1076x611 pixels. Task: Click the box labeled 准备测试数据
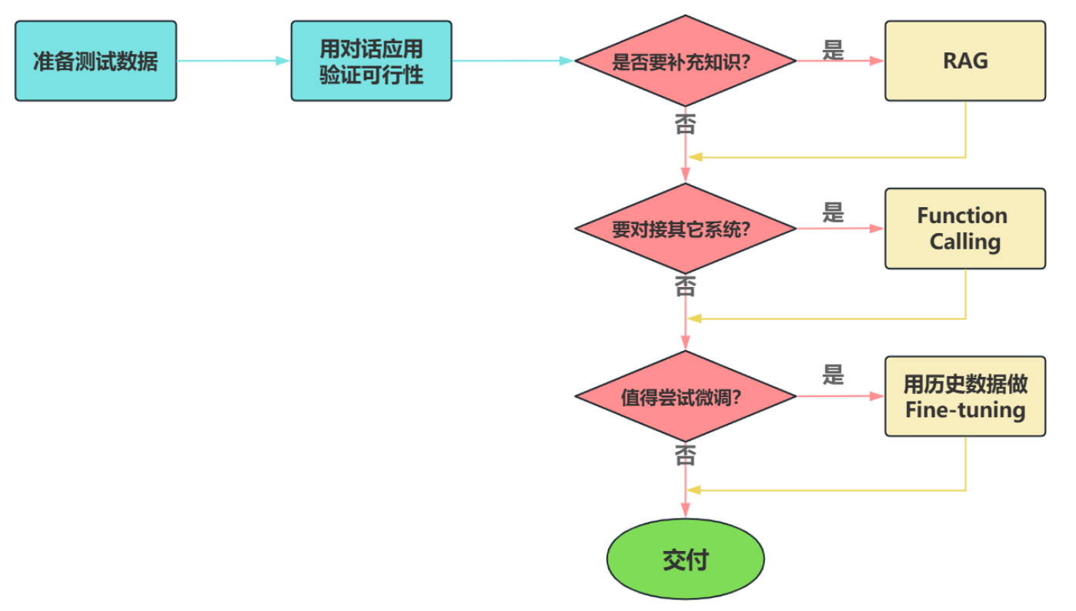[x=95, y=61]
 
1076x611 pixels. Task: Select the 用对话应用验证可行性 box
[x=371, y=61]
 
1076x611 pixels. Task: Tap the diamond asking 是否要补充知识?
[x=685, y=61]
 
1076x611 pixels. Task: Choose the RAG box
[x=964, y=61]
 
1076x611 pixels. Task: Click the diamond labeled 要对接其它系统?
[x=685, y=229]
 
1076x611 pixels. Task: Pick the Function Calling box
[x=964, y=229]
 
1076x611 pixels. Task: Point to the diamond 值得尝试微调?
[x=685, y=396]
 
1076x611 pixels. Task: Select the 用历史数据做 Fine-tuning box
[x=964, y=396]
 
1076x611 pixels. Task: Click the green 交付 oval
[x=685, y=559]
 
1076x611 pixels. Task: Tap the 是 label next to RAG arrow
[x=833, y=51]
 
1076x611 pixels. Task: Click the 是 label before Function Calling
[x=833, y=212]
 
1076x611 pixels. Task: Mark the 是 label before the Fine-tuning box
[x=833, y=376]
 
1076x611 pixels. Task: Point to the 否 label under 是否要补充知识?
[x=684, y=123]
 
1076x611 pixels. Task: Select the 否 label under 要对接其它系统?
[x=684, y=286]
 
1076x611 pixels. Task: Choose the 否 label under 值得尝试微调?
[x=684, y=456]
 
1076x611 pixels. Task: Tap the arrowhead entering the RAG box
[x=877, y=61]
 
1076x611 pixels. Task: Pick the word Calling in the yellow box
[x=964, y=242]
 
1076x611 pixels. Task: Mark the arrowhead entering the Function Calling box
[x=877, y=229]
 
